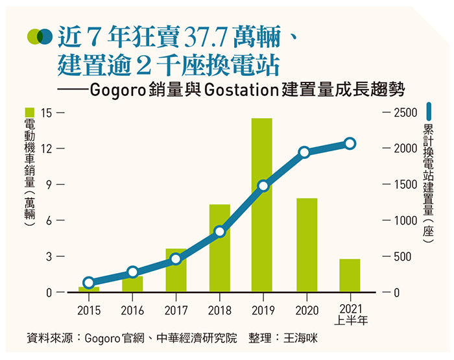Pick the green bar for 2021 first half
coord(350,276)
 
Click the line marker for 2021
coord(350,143)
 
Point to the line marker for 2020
coord(305,152)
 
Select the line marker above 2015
coord(89,282)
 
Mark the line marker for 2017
coord(176,259)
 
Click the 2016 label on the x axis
coord(132,310)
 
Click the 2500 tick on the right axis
coord(406,113)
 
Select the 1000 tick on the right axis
coord(406,221)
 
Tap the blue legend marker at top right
coord(429,111)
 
